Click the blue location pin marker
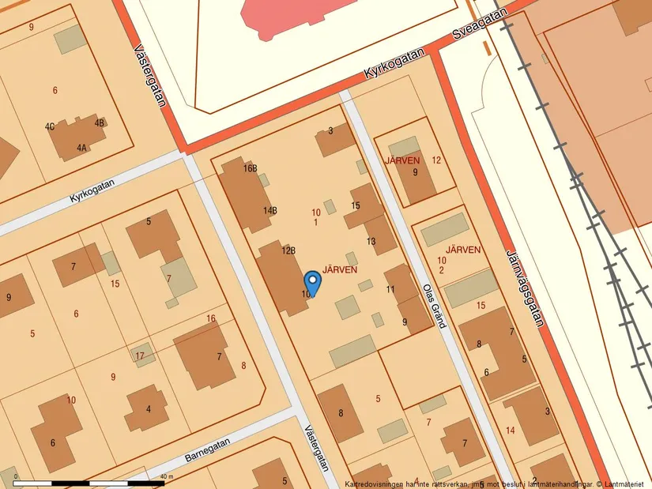click(x=313, y=282)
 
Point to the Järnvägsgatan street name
click(x=525, y=288)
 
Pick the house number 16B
click(x=251, y=168)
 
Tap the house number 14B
click(x=270, y=211)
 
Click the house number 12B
click(x=288, y=250)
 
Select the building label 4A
click(x=82, y=148)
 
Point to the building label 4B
click(x=100, y=123)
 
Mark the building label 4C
click(x=50, y=126)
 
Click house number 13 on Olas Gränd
click(x=371, y=241)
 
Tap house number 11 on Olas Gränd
click(x=390, y=290)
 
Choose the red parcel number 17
click(x=140, y=355)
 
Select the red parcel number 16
click(x=210, y=319)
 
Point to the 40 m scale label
click(x=166, y=476)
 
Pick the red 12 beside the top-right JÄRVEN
click(x=436, y=160)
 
